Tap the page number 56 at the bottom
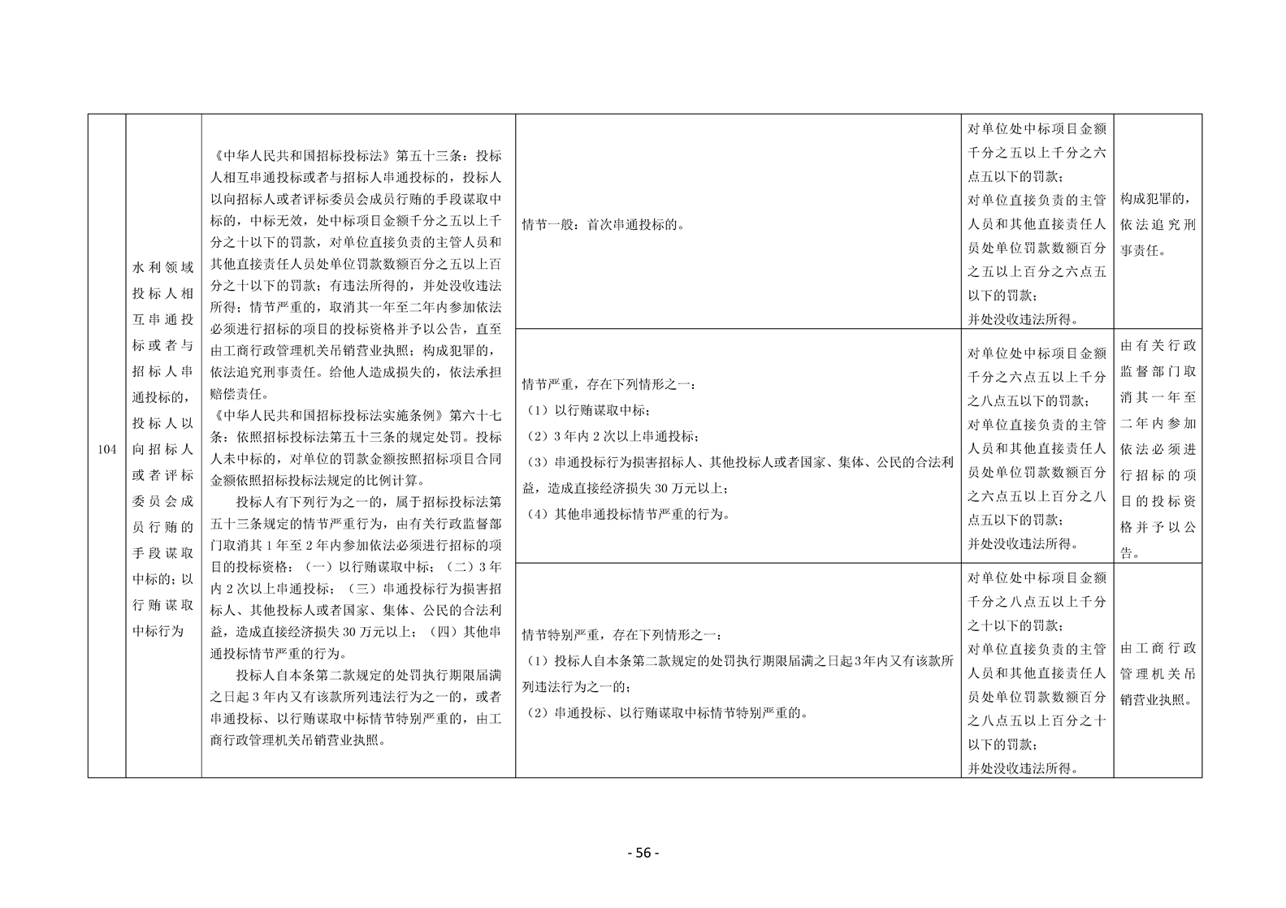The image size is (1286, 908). [643, 853]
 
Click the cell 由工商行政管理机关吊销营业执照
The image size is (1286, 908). [1158, 674]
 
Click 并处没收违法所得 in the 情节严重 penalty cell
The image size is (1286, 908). [1024, 544]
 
